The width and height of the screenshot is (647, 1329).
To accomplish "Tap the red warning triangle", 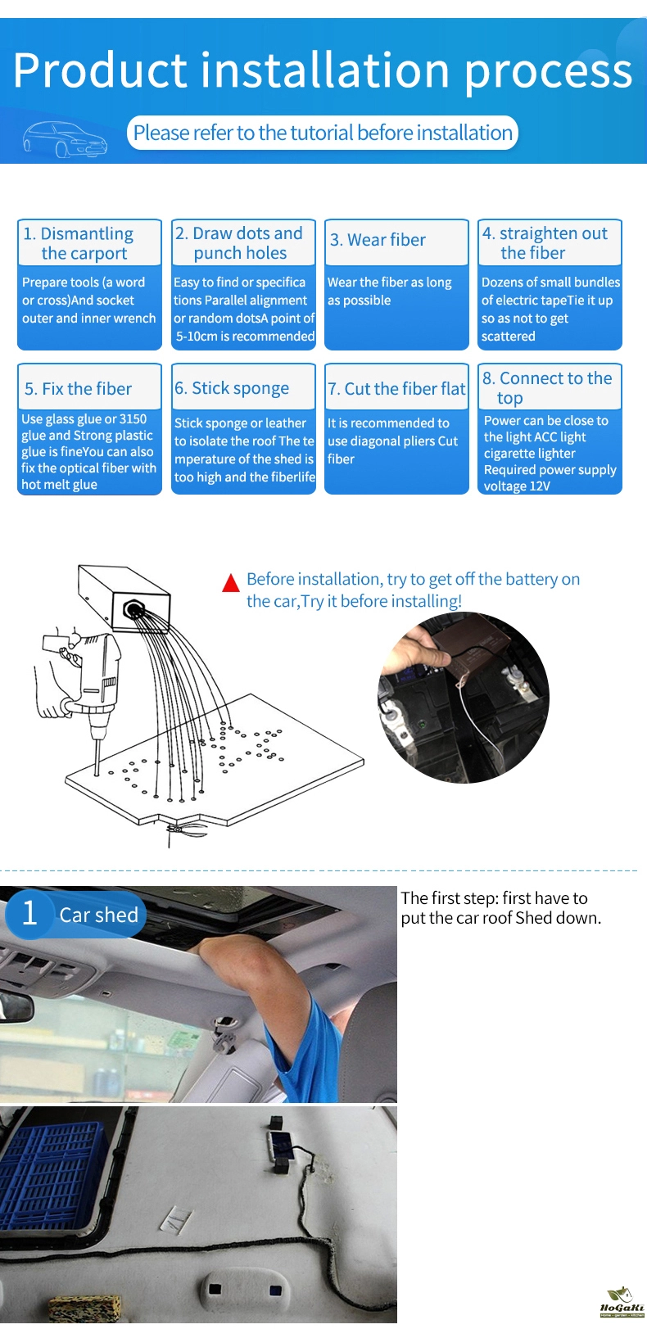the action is [230, 583].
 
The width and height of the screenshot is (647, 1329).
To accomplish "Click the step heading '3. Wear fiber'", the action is [378, 240].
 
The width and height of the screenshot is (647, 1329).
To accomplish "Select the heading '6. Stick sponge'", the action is [232, 388].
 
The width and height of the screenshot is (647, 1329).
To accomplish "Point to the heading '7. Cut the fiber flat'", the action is [396, 389].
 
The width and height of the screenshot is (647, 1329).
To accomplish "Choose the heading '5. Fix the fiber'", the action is [79, 389].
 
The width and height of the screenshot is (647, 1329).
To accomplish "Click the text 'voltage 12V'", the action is [517, 486].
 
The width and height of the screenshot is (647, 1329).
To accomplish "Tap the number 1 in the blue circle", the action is [29, 914].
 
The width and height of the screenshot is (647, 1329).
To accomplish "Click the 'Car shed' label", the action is [98, 915].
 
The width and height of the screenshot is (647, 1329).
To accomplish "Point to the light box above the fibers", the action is [124, 597].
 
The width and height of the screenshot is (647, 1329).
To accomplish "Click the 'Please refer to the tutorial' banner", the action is [323, 133].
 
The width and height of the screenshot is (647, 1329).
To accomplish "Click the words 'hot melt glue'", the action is [59, 484].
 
